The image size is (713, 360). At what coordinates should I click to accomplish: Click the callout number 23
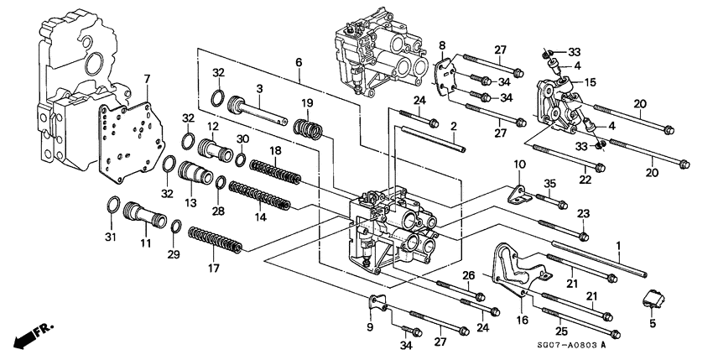coord(584,213)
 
